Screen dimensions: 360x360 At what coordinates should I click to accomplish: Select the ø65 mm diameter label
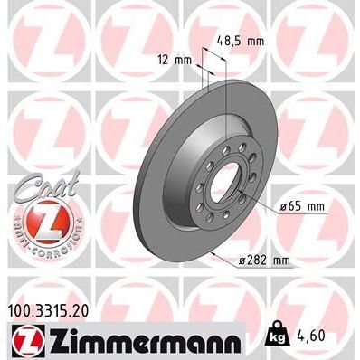(301, 207)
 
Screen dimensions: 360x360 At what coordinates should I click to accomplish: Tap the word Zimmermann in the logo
(138, 342)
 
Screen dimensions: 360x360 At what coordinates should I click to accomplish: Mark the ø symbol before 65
(283, 207)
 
